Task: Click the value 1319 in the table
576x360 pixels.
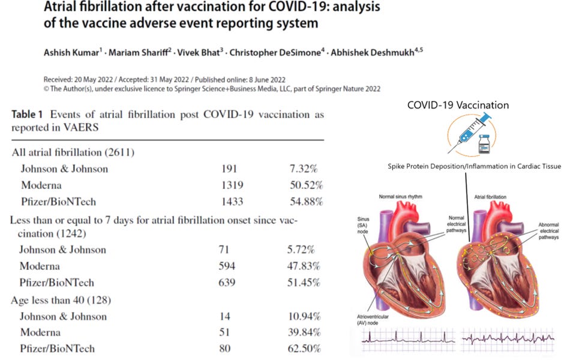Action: pos(233,184)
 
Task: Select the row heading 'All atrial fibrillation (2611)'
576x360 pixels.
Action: pos(73,152)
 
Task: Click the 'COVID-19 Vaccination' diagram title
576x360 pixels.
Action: pos(458,105)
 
